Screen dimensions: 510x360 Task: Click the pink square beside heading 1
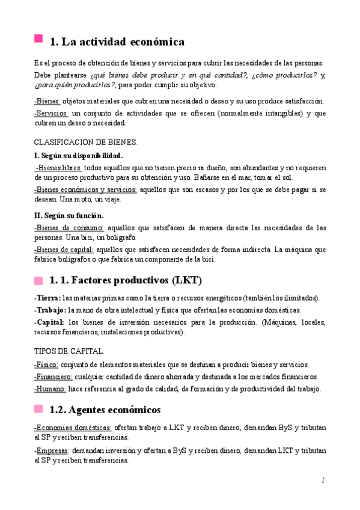point(38,40)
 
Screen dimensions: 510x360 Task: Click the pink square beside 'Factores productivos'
point(38,280)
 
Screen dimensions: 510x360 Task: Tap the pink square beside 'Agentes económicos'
point(38,410)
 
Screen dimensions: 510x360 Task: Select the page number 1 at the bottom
point(323,480)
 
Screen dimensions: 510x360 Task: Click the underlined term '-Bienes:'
point(47,101)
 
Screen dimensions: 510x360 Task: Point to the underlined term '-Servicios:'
point(52,113)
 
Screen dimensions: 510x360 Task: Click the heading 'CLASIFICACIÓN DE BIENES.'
point(86,143)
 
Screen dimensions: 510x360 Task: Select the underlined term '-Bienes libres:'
point(59,169)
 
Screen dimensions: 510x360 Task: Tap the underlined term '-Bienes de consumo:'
point(69,227)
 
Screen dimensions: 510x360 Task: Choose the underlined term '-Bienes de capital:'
point(64,250)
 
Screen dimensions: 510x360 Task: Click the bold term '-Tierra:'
point(47,298)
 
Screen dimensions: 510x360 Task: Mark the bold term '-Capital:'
point(49,322)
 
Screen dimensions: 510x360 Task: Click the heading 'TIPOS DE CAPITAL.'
point(70,351)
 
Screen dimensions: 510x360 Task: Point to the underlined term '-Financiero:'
point(53,376)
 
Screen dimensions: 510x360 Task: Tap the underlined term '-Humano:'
point(50,389)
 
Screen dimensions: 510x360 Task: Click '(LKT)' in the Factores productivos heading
point(187,281)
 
